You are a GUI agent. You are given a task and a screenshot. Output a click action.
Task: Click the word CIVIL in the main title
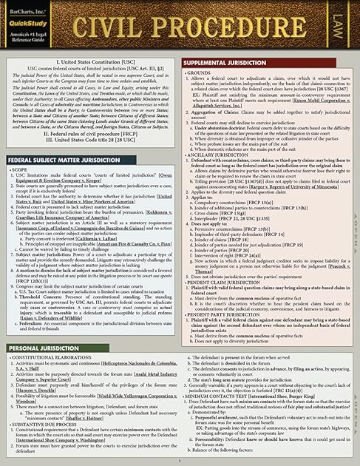click(x=122, y=29)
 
